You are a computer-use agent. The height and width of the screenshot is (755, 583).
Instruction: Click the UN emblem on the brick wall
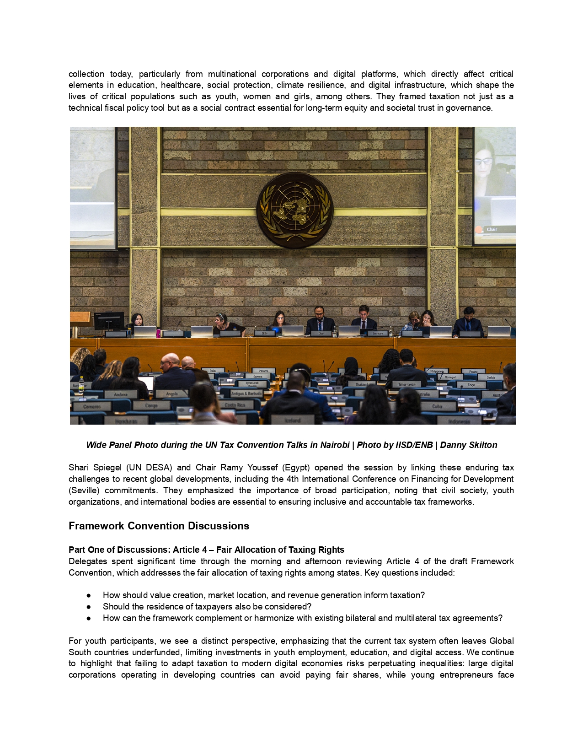(x=294, y=210)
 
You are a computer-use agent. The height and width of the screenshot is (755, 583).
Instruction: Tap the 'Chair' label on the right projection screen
(x=492, y=229)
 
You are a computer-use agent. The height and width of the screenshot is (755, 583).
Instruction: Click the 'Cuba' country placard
(x=437, y=406)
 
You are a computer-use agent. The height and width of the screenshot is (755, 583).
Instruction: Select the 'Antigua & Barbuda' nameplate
(x=246, y=394)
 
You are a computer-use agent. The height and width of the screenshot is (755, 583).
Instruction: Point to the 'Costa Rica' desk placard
(x=235, y=405)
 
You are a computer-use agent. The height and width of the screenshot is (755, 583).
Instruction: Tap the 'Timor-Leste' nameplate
(x=406, y=384)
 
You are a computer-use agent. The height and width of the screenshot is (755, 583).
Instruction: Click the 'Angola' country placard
(x=172, y=394)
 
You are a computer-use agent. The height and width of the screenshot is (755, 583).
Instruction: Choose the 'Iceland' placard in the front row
(x=293, y=420)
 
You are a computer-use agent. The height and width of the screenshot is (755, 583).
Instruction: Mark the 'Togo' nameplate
(x=471, y=385)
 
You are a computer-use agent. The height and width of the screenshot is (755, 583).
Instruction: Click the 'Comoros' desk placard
(x=92, y=406)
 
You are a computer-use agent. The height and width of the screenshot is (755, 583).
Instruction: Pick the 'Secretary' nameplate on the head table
(x=377, y=333)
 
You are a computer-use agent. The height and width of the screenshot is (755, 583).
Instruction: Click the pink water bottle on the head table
(x=158, y=333)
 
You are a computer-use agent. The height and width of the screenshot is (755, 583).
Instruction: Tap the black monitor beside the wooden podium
(x=109, y=320)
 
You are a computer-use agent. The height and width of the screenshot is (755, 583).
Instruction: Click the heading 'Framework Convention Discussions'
(x=159, y=526)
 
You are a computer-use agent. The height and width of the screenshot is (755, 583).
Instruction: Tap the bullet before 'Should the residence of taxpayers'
(x=88, y=607)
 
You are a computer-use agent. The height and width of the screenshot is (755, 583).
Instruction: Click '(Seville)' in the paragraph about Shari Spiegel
(x=84, y=490)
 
